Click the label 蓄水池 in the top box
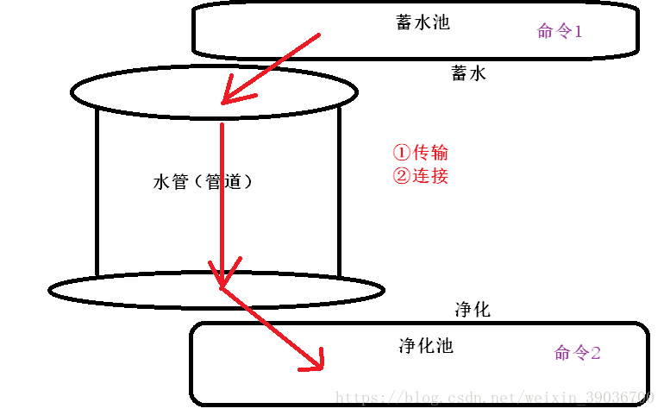[423, 22]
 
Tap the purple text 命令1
[560, 32]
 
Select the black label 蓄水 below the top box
[468, 73]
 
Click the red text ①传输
[421, 153]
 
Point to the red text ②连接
[421, 176]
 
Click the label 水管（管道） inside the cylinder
[204, 182]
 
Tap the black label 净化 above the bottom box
[472, 309]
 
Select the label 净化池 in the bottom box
[425, 346]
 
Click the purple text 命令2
[577, 353]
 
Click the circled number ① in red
[401, 153]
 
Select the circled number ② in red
[401, 177]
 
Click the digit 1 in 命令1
[578, 32]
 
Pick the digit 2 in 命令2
[595, 353]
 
